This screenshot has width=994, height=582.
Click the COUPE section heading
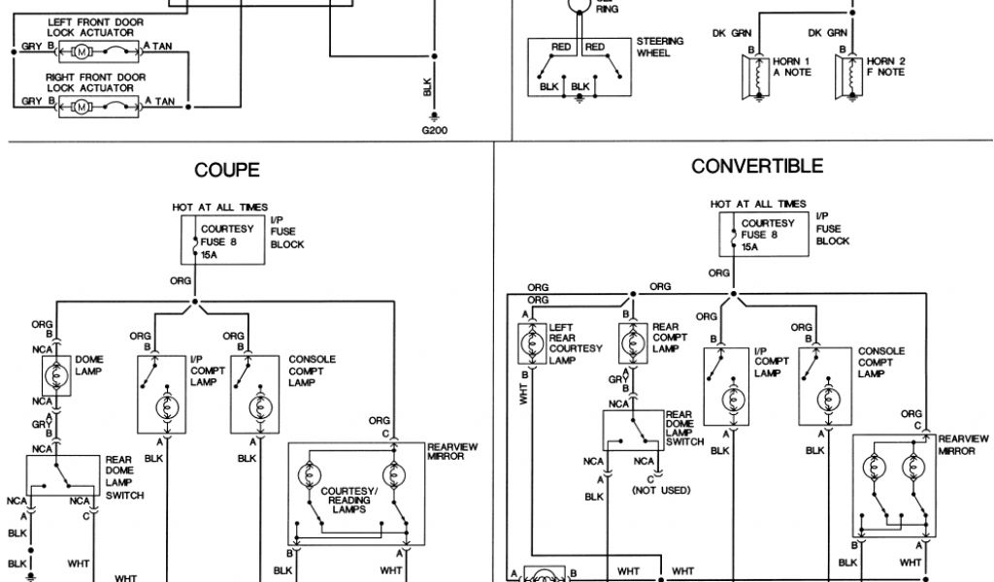[x=227, y=170]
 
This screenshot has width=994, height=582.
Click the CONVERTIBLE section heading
[x=757, y=166]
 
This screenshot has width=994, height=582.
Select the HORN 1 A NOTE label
[x=791, y=66]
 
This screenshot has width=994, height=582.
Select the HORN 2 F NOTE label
[x=885, y=66]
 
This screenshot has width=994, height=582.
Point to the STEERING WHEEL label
[x=660, y=47]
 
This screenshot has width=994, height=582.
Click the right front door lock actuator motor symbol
[x=83, y=101]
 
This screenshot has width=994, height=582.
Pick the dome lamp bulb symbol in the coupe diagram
[x=57, y=372]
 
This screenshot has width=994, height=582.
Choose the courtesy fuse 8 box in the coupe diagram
[x=223, y=240]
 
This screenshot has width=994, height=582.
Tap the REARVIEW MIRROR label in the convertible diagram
[x=963, y=444]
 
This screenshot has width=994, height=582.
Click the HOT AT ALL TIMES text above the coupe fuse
[x=220, y=208]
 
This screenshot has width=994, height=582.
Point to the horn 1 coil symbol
[x=758, y=74]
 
